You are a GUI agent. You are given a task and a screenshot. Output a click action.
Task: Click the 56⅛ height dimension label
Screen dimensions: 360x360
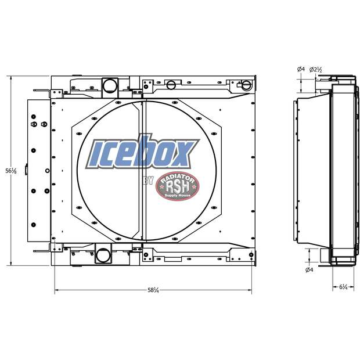[10, 170]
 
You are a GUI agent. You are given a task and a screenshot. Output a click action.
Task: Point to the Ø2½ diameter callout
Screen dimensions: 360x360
[316, 70]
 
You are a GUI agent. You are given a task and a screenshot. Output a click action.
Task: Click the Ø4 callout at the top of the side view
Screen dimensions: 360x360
[300, 70]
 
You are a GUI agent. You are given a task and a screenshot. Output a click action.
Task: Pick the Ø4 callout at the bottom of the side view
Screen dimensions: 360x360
[309, 270]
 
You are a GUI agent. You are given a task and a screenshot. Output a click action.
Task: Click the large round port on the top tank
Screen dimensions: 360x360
[109, 86]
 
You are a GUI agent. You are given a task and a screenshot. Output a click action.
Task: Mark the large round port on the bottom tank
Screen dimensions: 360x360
[103, 254]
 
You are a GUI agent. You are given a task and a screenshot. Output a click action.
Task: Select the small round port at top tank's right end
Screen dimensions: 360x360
[246, 85]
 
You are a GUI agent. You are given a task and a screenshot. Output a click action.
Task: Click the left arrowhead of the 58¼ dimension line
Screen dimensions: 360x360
[57, 289]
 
